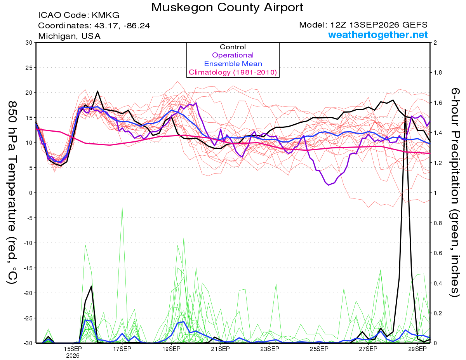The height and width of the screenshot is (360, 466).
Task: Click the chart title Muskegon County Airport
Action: pyautogui.click(x=227, y=7)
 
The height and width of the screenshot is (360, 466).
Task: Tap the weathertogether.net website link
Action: pyautogui.click(x=378, y=35)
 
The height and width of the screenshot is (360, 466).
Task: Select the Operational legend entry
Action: pyautogui.click(x=233, y=55)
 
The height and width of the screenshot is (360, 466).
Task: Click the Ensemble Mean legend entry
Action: pyautogui.click(x=233, y=64)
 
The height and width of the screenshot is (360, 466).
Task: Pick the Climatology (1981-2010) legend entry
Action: pyautogui.click(x=233, y=72)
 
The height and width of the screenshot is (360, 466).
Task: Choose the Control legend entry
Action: pyautogui.click(x=233, y=47)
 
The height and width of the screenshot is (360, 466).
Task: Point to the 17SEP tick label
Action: pyautogui.click(x=122, y=349)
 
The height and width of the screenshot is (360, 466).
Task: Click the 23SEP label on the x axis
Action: pyautogui.click(x=270, y=349)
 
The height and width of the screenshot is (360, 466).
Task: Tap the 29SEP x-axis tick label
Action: pyautogui.click(x=417, y=349)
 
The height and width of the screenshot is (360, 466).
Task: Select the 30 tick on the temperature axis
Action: pyautogui.click(x=29, y=43)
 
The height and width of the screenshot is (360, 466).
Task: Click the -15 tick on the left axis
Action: pyautogui.click(x=28, y=268)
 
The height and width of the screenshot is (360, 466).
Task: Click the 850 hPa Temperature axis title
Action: pyautogui.click(x=12, y=193)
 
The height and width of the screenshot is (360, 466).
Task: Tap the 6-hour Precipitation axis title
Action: pyautogui.click(x=455, y=193)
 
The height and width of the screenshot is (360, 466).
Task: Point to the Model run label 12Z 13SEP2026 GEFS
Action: pyautogui.click(x=363, y=25)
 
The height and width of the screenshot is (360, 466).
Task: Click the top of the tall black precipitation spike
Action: pyautogui.click(x=405, y=110)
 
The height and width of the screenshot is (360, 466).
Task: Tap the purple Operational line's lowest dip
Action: pyautogui.click(x=329, y=185)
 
